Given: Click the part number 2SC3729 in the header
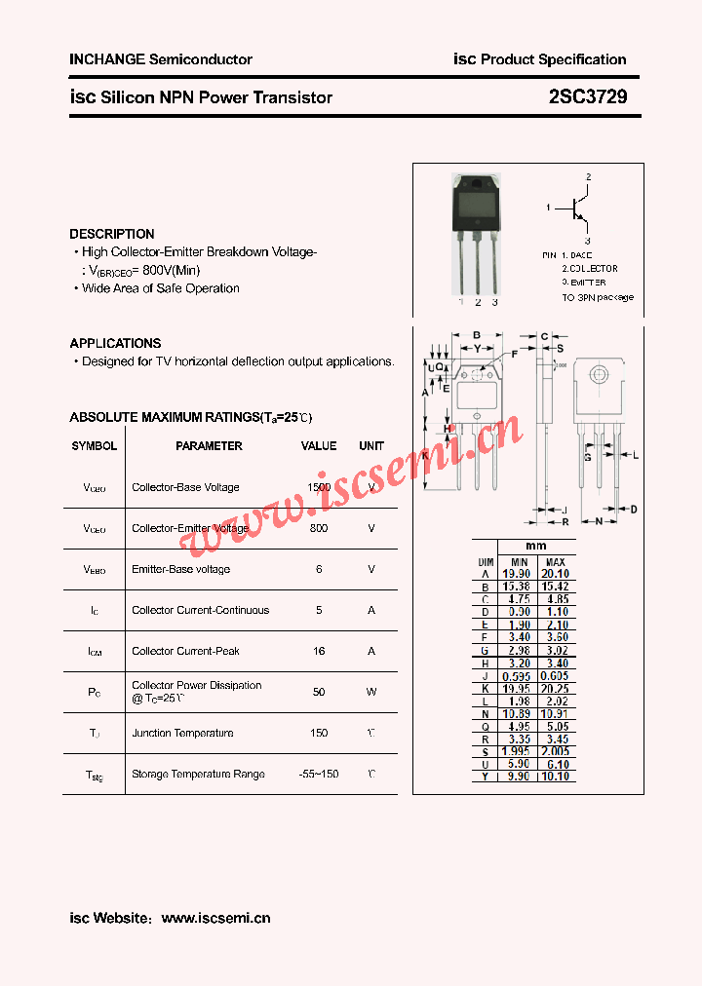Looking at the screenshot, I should point(588,96).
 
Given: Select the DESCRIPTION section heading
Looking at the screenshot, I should point(111,234).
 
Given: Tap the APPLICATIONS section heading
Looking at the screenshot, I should point(115,343).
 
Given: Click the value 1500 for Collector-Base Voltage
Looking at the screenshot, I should point(319,487).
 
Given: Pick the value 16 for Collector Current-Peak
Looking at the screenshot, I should point(319,651).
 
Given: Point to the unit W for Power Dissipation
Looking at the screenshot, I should point(371,692).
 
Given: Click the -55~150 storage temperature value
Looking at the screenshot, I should point(319,774).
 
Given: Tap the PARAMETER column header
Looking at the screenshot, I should point(209,445).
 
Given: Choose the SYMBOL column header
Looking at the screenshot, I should point(94,445).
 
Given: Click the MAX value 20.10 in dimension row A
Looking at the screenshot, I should point(555,574).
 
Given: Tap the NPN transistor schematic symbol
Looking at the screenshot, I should point(579,208).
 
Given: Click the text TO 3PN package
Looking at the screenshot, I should point(597,297).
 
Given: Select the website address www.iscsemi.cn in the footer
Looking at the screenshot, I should point(215,918).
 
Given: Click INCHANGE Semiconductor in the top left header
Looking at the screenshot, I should point(161,59).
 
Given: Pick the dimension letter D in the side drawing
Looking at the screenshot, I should point(633,509).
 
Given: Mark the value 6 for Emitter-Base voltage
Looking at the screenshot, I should point(319,569).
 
